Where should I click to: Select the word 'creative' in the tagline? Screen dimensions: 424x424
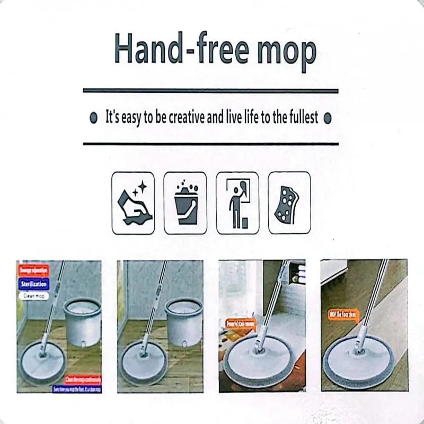click(x=187, y=118)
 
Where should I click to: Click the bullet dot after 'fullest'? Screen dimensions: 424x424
click(x=327, y=118)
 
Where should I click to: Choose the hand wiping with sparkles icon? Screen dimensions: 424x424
click(x=133, y=203)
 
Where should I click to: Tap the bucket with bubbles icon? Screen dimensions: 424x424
click(x=185, y=203)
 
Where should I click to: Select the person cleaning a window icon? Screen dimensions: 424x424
click(x=237, y=203)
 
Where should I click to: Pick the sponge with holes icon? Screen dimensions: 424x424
click(x=289, y=203)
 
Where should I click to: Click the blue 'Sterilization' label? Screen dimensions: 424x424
click(x=34, y=284)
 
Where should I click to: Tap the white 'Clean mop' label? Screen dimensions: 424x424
click(x=33, y=296)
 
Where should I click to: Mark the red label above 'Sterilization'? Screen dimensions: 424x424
click(x=34, y=270)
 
